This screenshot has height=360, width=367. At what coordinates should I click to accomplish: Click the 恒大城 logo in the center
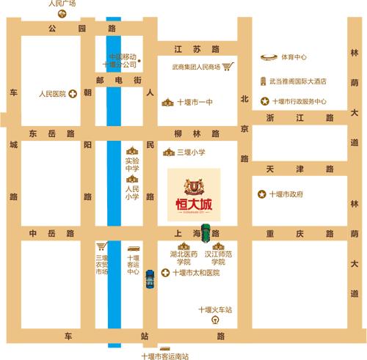(x=193, y=188)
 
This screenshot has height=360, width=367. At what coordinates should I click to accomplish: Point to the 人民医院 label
(x=52, y=94)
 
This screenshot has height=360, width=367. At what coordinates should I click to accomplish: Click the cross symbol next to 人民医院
(x=72, y=94)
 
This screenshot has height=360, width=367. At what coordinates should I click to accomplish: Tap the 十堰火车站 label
(x=214, y=310)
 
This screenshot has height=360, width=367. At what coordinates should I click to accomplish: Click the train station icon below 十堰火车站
(x=214, y=320)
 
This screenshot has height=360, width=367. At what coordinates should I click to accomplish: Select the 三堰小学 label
(x=189, y=152)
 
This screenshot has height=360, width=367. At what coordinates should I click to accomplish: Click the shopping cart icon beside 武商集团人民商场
(x=228, y=67)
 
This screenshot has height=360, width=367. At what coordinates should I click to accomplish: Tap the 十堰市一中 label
(x=195, y=102)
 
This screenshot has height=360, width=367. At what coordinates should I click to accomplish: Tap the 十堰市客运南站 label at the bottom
(x=164, y=356)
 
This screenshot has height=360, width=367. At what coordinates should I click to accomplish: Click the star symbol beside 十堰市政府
(x=261, y=194)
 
